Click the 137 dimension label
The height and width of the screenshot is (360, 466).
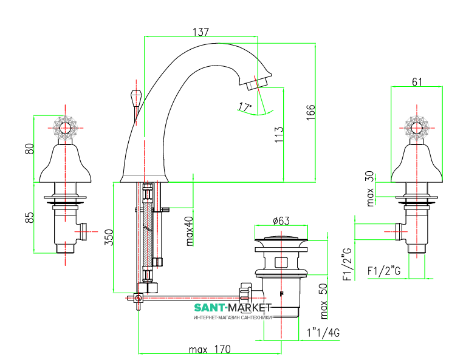pos(200,31)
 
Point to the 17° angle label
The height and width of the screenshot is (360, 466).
pos(245,107)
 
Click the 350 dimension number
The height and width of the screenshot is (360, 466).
pos(109,237)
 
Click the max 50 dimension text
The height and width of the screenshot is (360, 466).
pos(324,301)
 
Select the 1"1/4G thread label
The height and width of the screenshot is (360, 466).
pos(323,333)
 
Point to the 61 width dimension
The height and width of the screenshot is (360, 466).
pos(417,82)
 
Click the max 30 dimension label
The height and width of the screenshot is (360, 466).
pos(370,188)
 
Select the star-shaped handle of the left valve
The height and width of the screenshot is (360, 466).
pos(65,128)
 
